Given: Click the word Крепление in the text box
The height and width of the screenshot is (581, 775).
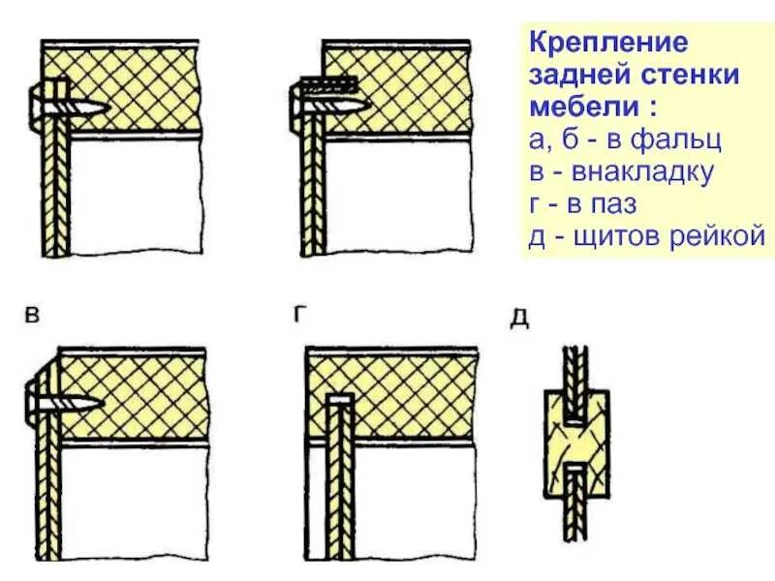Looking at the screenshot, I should tap(594, 44).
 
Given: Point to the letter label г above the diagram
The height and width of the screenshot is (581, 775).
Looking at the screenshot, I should tap(301, 313).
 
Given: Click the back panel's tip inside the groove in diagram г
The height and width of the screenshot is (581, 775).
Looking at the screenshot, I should tap(338, 399).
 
